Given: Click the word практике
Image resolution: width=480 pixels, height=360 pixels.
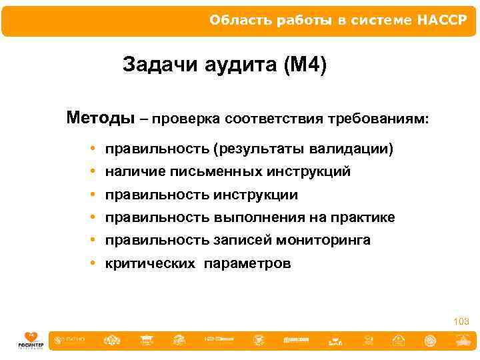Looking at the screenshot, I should point(364,217).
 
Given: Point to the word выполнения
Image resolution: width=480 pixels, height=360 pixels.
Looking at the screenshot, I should point(255,217).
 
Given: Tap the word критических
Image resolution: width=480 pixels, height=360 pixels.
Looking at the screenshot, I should point(151,263).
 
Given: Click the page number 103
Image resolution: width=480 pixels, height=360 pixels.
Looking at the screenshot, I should point(461,322).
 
